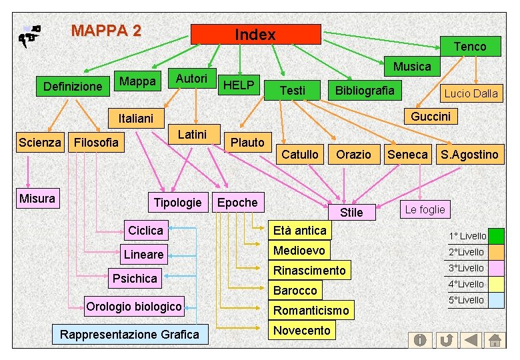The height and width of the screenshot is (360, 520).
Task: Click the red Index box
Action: pos(255,35)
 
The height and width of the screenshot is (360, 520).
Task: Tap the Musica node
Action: pos(411,66)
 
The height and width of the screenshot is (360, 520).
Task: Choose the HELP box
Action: pos(239,85)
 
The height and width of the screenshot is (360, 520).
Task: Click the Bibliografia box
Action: pos(364,90)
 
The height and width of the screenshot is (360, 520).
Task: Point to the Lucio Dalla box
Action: pos(471,93)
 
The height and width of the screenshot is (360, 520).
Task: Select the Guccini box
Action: pos(430,117)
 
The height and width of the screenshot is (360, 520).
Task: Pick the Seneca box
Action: pos(407,155)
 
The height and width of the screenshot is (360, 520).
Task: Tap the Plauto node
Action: pos(247,142)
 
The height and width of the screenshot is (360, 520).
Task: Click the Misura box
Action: pos(37,198)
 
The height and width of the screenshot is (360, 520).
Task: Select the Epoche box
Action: pos(237,202)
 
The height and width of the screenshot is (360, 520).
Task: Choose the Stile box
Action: pos(351,212)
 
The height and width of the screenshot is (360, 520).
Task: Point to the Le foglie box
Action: pos(425,209)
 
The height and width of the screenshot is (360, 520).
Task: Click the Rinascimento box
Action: pos(309,270)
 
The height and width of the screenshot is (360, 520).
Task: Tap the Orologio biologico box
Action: pos(133,307)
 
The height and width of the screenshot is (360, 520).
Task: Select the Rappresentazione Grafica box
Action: pos(129,334)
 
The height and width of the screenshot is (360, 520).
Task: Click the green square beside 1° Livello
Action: pos(496,236)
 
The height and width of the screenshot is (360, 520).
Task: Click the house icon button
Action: pos(495,340)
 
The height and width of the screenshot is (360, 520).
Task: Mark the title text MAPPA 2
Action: pos(106,31)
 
